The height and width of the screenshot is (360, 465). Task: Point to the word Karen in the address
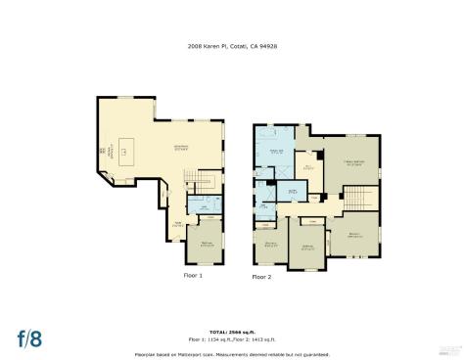[210, 45]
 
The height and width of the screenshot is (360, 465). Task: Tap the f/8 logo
[30, 339]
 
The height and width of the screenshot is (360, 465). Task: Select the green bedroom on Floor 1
[207, 244]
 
